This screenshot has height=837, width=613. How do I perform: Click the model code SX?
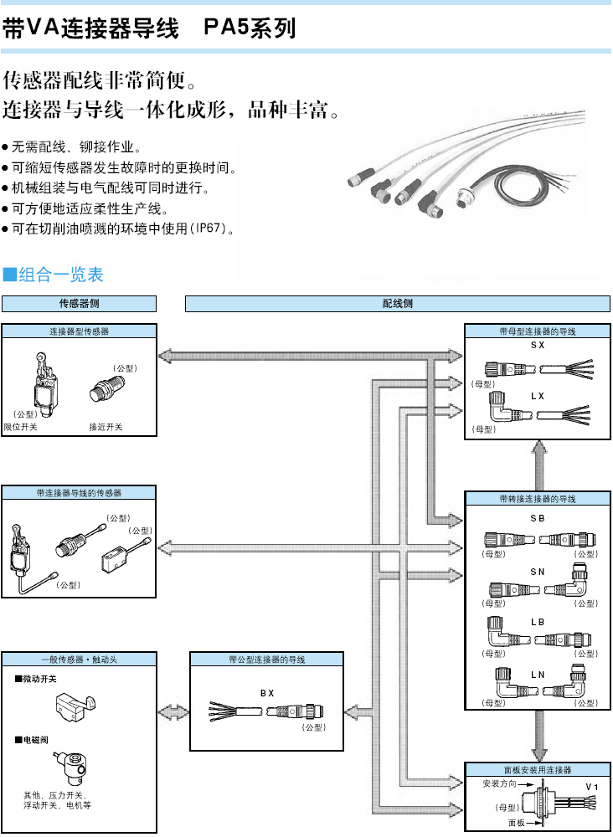(x=538, y=345)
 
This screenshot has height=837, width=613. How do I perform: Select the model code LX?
(x=538, y=394)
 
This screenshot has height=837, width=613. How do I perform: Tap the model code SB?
(x=538, y=520)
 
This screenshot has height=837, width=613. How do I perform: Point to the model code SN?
(x=538, y=570)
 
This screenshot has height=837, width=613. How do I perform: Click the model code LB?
(x=538, y=623)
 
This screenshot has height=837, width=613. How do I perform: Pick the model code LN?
(x=538, y=674)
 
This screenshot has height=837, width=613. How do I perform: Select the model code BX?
(x=267, y=693)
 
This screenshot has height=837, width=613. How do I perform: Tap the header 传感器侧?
(x=79, y=304)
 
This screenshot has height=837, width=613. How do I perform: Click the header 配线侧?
(x=397, y=304)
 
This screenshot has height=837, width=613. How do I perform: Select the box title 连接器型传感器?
(x=79, y=331)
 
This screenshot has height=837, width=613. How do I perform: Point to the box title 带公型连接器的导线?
(x=267, y=660)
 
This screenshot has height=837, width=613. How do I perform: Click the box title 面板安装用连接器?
(x=538, y=769)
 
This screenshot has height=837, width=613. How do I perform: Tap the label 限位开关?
(x=21, y=427)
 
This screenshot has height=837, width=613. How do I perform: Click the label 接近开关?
(x=106, y=427)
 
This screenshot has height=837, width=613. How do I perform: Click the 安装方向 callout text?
(x=499, y=784)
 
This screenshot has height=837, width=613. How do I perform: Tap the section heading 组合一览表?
(x=60, y=275)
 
